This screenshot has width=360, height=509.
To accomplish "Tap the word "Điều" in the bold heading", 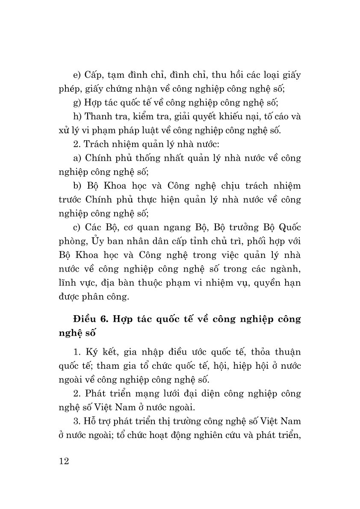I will (85, 319).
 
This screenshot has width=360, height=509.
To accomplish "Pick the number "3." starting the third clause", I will (77, 421).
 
